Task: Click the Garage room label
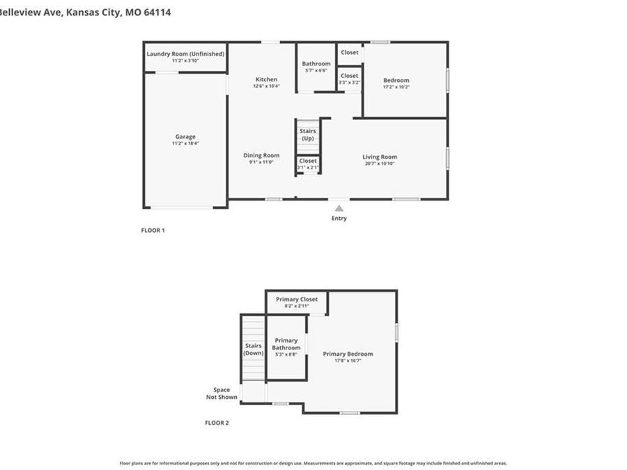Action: click(x=185, y=136)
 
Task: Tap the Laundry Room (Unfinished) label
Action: click(x=185, y=54)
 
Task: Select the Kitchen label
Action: click(x=266, y=79)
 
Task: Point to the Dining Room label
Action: click(x=261, y=155)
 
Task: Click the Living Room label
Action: click(x=380, y=157)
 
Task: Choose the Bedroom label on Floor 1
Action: click(x=396, y=80)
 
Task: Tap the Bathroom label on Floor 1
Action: click(x=316, y=63)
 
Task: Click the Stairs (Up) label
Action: click(x=308, y=134)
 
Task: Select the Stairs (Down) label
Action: click(x=254, y=349)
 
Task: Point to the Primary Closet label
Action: click(x=297, y=299)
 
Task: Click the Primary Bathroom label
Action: click(x=286, y=344)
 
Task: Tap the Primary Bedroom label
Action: click(x=348, y=354)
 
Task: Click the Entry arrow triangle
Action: click(x=339, y=207)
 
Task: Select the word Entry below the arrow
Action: click(x=339, y=219)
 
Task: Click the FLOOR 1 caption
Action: click(x=153, y=230)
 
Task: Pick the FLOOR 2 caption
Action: click(x=217, y=423)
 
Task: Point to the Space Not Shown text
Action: click(x=222, y=393)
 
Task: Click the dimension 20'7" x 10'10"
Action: click(x=380, y=164)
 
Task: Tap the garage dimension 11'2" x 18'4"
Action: click(x=185, y=143)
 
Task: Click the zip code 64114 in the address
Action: click(x=157, y=13)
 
